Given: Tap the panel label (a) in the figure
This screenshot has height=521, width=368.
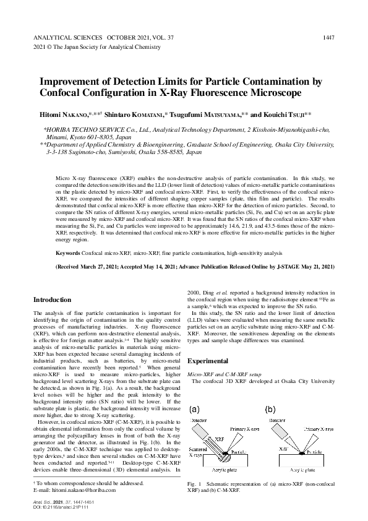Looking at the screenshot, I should [194, 410].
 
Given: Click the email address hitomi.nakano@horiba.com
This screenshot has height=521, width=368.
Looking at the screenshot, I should [89, 488].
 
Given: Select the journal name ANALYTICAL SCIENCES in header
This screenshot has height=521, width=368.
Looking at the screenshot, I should [65, 38].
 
